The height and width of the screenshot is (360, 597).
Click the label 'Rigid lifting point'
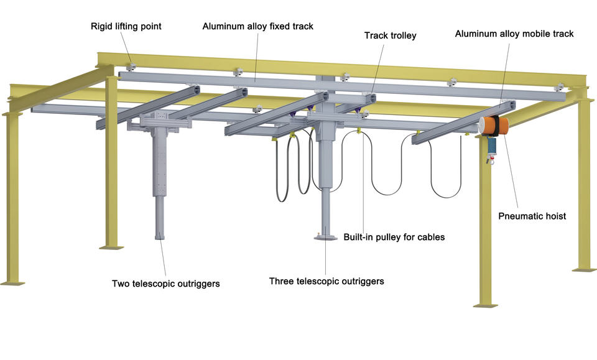pos(126,26)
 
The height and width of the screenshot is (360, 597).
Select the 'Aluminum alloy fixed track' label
pos(257,26)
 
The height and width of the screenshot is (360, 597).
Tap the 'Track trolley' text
pos(391,35)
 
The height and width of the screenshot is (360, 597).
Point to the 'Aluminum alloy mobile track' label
pos(514,34)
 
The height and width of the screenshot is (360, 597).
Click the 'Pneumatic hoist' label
pos(532,216)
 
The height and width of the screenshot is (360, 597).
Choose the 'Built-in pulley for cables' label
pos(394,237)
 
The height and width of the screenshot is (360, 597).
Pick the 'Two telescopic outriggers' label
pos(165,284)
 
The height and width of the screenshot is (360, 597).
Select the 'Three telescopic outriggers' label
pos(326,282)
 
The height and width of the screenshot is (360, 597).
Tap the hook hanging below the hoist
pos(491,160)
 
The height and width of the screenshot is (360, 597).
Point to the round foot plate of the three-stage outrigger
pos(325,238)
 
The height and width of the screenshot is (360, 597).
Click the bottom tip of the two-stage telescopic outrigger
pos(160,238)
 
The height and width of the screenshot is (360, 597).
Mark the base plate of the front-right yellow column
pos(486,305)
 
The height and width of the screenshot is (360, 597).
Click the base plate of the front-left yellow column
pos(12,283)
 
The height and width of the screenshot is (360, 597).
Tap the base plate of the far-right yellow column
pos(585,270)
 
